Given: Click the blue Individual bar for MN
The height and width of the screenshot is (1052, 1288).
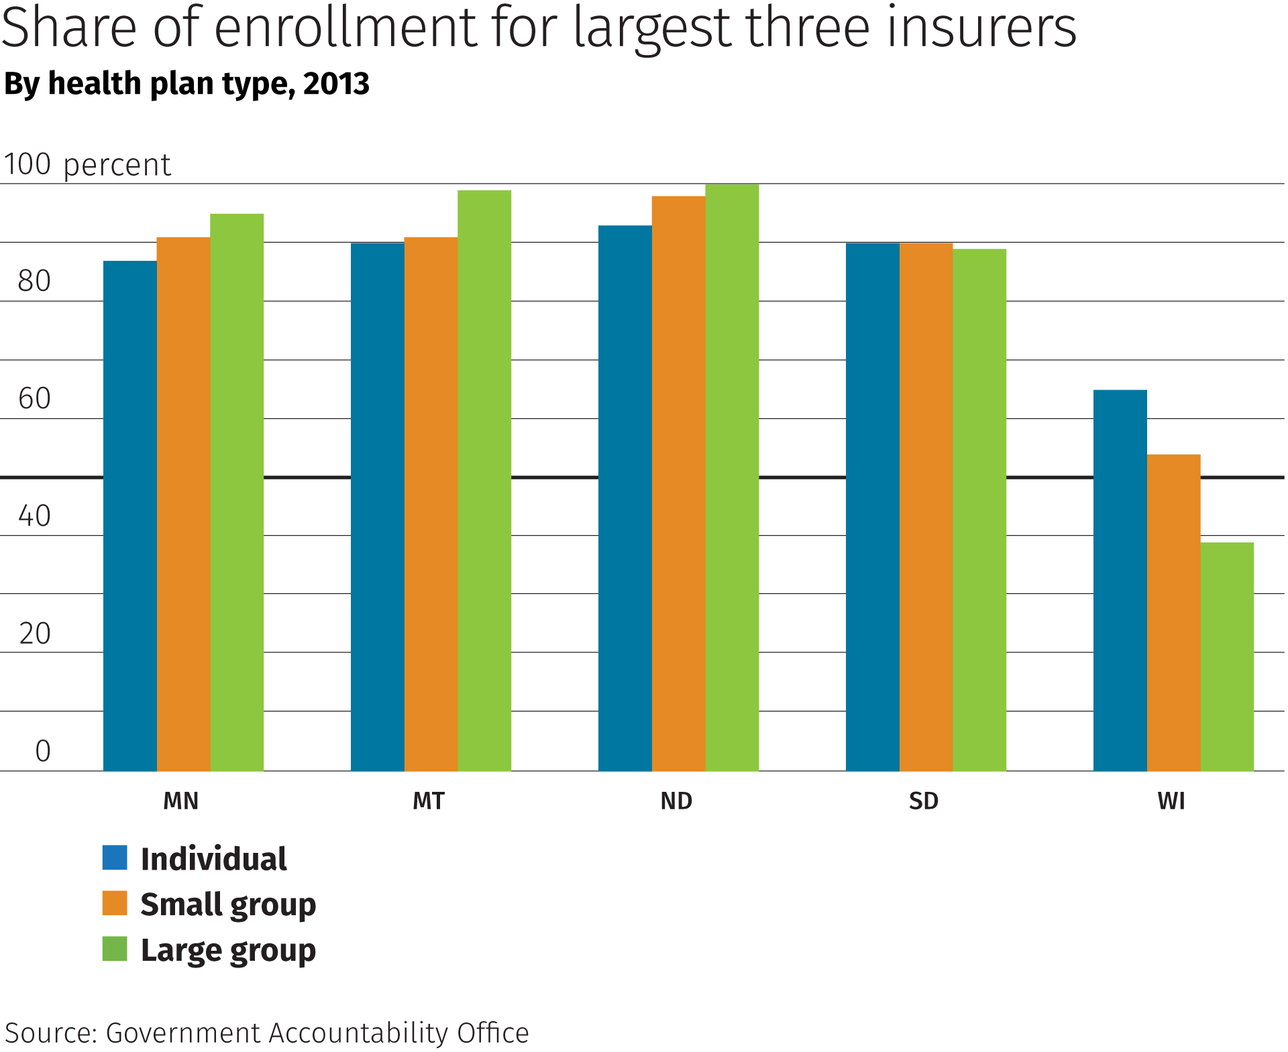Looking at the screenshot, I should [129, 516].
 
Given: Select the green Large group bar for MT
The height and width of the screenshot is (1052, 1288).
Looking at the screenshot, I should [484, 480].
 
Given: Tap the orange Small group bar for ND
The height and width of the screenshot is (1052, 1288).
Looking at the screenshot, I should [678, 483].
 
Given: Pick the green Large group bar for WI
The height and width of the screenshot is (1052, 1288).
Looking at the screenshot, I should [1227, 656].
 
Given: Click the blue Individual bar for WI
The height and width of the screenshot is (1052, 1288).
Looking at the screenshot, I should [1120, 580].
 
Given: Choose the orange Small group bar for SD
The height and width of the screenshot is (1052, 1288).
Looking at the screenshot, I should [926, 506].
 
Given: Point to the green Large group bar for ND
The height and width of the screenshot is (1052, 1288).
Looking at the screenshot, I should [732, 477].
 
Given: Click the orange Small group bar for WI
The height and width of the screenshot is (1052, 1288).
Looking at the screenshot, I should [1173, 612].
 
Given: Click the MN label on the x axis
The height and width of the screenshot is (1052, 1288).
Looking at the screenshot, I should [181, 801].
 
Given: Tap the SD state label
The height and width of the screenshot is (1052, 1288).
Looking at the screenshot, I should [924, 801].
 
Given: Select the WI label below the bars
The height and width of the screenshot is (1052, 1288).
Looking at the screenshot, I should [1171, 801].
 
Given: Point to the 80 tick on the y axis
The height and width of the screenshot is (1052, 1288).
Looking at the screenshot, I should [34, 281].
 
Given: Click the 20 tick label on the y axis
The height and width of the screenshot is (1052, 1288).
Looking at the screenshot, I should [34, 634].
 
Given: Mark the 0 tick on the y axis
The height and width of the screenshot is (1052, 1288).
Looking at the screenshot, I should [43, 751].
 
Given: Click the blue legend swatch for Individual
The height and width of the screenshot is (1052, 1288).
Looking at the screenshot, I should [115, 858].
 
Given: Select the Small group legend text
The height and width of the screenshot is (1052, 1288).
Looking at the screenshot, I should [228, 904].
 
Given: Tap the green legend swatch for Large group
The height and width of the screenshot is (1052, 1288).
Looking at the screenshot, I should [115, 949].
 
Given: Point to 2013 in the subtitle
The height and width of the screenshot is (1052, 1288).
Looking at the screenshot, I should [336, 84].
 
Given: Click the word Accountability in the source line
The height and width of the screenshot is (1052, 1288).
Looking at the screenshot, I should [359, 1033].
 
